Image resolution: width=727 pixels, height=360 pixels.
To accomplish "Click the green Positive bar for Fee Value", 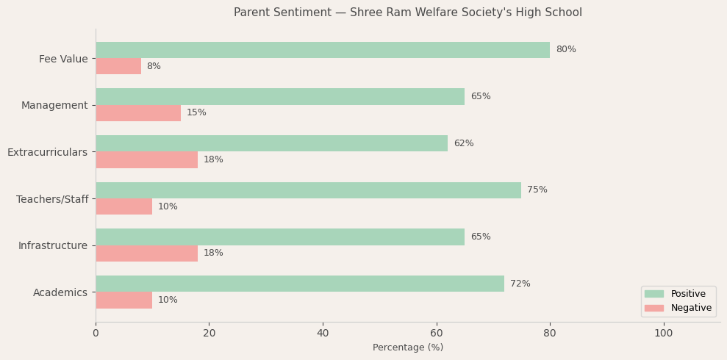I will coord(323,50).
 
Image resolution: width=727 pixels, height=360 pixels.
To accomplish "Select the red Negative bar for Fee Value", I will coord(118,66).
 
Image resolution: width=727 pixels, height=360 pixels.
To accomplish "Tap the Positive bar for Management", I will coord(280,96).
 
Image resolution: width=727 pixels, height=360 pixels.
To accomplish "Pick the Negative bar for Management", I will coord(138,113).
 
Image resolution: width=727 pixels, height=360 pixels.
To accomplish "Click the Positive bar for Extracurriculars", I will coord(271,143).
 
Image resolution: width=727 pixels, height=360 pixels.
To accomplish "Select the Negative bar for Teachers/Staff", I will coord(123,206).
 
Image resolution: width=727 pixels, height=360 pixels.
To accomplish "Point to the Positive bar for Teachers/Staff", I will coord(308,190).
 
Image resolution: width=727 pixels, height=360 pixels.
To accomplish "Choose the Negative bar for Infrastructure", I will coord(146,253).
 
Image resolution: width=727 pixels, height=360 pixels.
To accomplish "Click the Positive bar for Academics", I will coord(300,284).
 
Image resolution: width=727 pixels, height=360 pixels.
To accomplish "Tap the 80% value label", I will coord(566,50).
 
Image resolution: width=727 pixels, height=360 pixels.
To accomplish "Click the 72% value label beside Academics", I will coord(520,284).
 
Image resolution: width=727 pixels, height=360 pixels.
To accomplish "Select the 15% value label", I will coord(196,113).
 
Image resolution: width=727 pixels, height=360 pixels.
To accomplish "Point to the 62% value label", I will coord(464,143).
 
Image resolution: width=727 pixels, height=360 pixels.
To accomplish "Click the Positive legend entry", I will coord(678,294).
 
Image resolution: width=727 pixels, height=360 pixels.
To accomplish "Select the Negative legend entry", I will coord(678,308).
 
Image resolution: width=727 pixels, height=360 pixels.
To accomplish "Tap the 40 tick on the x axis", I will coord(323,333).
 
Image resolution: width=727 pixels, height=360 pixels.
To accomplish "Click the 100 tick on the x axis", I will coord(664,333).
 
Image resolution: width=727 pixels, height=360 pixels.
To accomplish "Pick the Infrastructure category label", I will coord(53,245).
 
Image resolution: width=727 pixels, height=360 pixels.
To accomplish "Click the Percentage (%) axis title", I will coord(408,348).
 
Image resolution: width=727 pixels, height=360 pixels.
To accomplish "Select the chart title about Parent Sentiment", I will coord(408,12).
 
